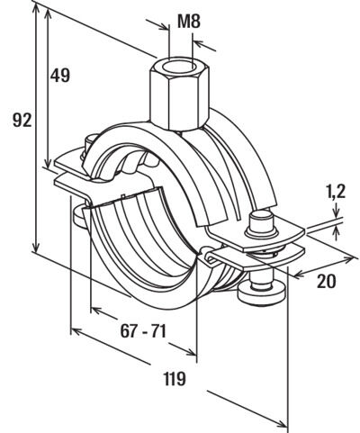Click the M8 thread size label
189,22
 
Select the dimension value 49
60,75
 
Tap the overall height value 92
22,120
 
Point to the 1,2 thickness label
335,192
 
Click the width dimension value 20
327,281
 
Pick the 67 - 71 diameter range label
143,331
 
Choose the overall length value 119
175,378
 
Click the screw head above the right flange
261,223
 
